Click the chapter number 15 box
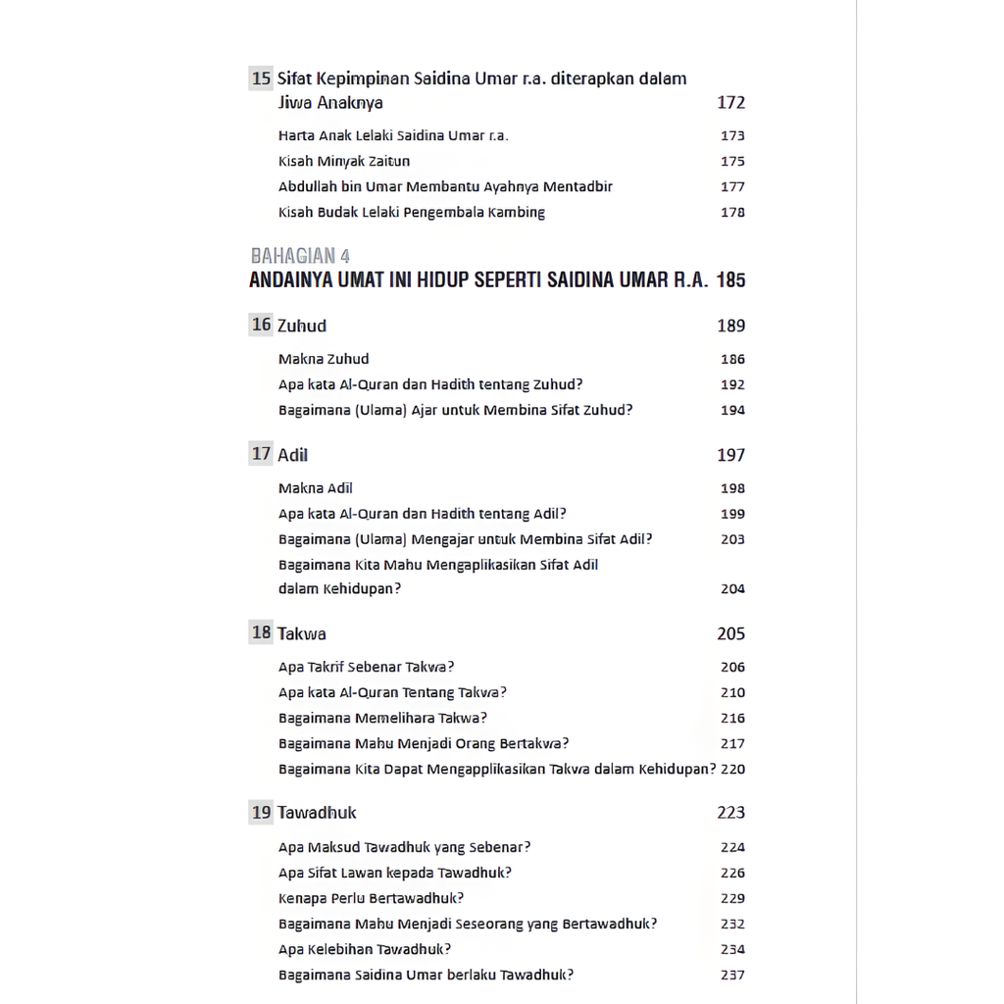[261, 78]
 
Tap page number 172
[730, 103]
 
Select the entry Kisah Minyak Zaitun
[344, 162]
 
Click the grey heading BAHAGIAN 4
[300, 257]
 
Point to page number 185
[730, 280]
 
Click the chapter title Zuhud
[302, 326]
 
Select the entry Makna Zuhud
[324, 360]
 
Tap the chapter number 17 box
[261, 454]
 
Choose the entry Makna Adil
[316, 488]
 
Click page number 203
[732, 539]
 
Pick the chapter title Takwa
[302, 633]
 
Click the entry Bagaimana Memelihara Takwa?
[382, 718]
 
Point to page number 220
[732, 770]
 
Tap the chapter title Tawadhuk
[317, 813]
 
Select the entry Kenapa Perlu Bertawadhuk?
[371, 898]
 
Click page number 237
[732, 975]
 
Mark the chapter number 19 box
[261, 812]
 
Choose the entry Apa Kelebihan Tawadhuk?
[365, 949]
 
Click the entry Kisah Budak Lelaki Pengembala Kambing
[412, 213]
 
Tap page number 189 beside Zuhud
[730, 326]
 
